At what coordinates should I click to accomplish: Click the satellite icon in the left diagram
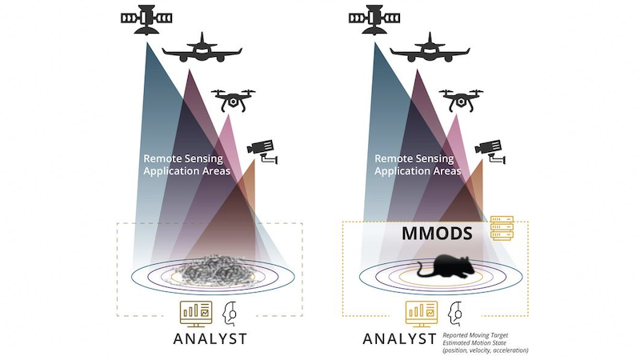click(x=146, y=18)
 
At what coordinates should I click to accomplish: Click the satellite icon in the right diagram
click(x=374, y=18)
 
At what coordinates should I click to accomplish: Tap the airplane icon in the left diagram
click(x=202, y=48)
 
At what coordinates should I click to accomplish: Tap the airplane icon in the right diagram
click(x=430, y=48)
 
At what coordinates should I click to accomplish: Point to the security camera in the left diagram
click(x=262, y=151)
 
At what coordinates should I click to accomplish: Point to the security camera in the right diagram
click(x=490, y=151)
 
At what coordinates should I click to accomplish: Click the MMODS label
click(x=437, y=234)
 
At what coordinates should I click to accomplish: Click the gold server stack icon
click(x=502, y=228)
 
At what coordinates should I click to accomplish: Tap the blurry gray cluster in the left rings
click(x=214, y=270)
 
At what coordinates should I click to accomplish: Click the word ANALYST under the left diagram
click(x=210, y=338)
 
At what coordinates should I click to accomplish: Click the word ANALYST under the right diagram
click(x=399, y=338)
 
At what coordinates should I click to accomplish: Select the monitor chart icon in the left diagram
click(x=196, y=314)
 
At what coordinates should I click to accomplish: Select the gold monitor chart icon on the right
click(x=422, y=314)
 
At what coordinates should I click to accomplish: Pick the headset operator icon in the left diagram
click(x=230, y=314)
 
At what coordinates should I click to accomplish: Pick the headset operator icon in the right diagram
click(x=454, y=314)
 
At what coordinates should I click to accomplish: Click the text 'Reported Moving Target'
click(x=475, y=335)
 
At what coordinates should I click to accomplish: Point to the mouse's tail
click(x=422, y=273)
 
